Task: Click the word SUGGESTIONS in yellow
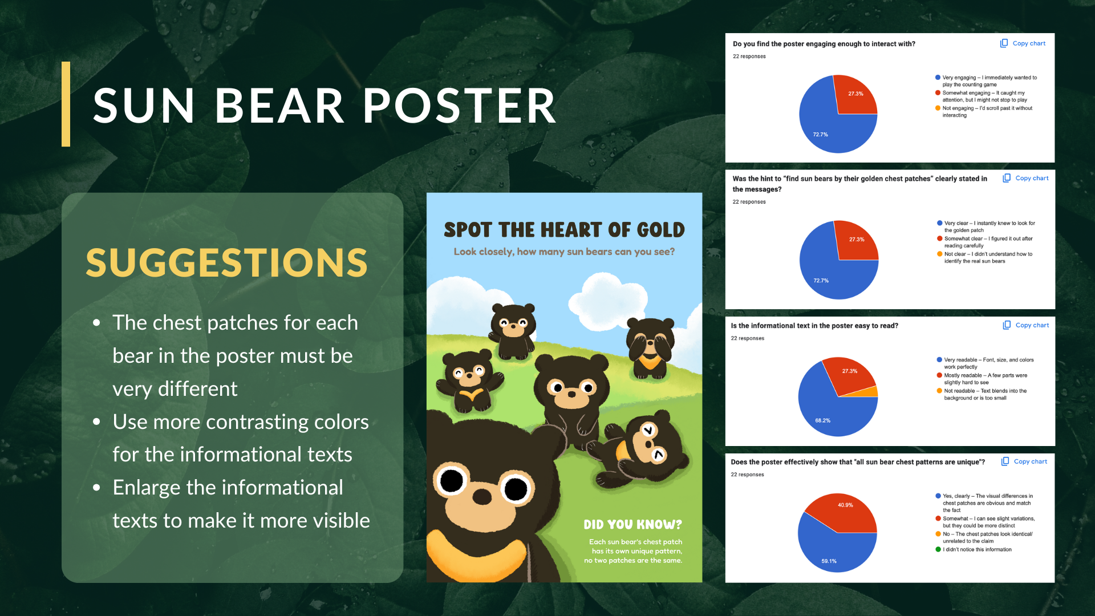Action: pyautogui.click(x=227, y=263)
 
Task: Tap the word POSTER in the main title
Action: pyautogui.click(x=460, y=106)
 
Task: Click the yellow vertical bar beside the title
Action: pyautogui.click(x=66, y=104)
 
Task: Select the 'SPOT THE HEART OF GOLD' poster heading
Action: pyautogui.click(x=564, y=230)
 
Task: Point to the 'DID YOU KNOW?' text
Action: pyautogui.click(x=632, y=525)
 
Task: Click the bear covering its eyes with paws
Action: pyautogui.click(x=650, y=348)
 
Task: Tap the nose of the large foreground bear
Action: pyautogui.click(x=482, y=497)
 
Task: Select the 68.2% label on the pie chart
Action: pyautogui.click(x=822, y=420)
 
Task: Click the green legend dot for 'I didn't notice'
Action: pyautogui.click(x=938, y=549)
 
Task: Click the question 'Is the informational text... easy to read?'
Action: pyautogui.click(x=814, y=326)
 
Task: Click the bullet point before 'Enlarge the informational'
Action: pyautogui.click(x=96, y=488)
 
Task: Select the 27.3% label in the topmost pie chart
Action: pyautogui.click(x=855, y=94)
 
